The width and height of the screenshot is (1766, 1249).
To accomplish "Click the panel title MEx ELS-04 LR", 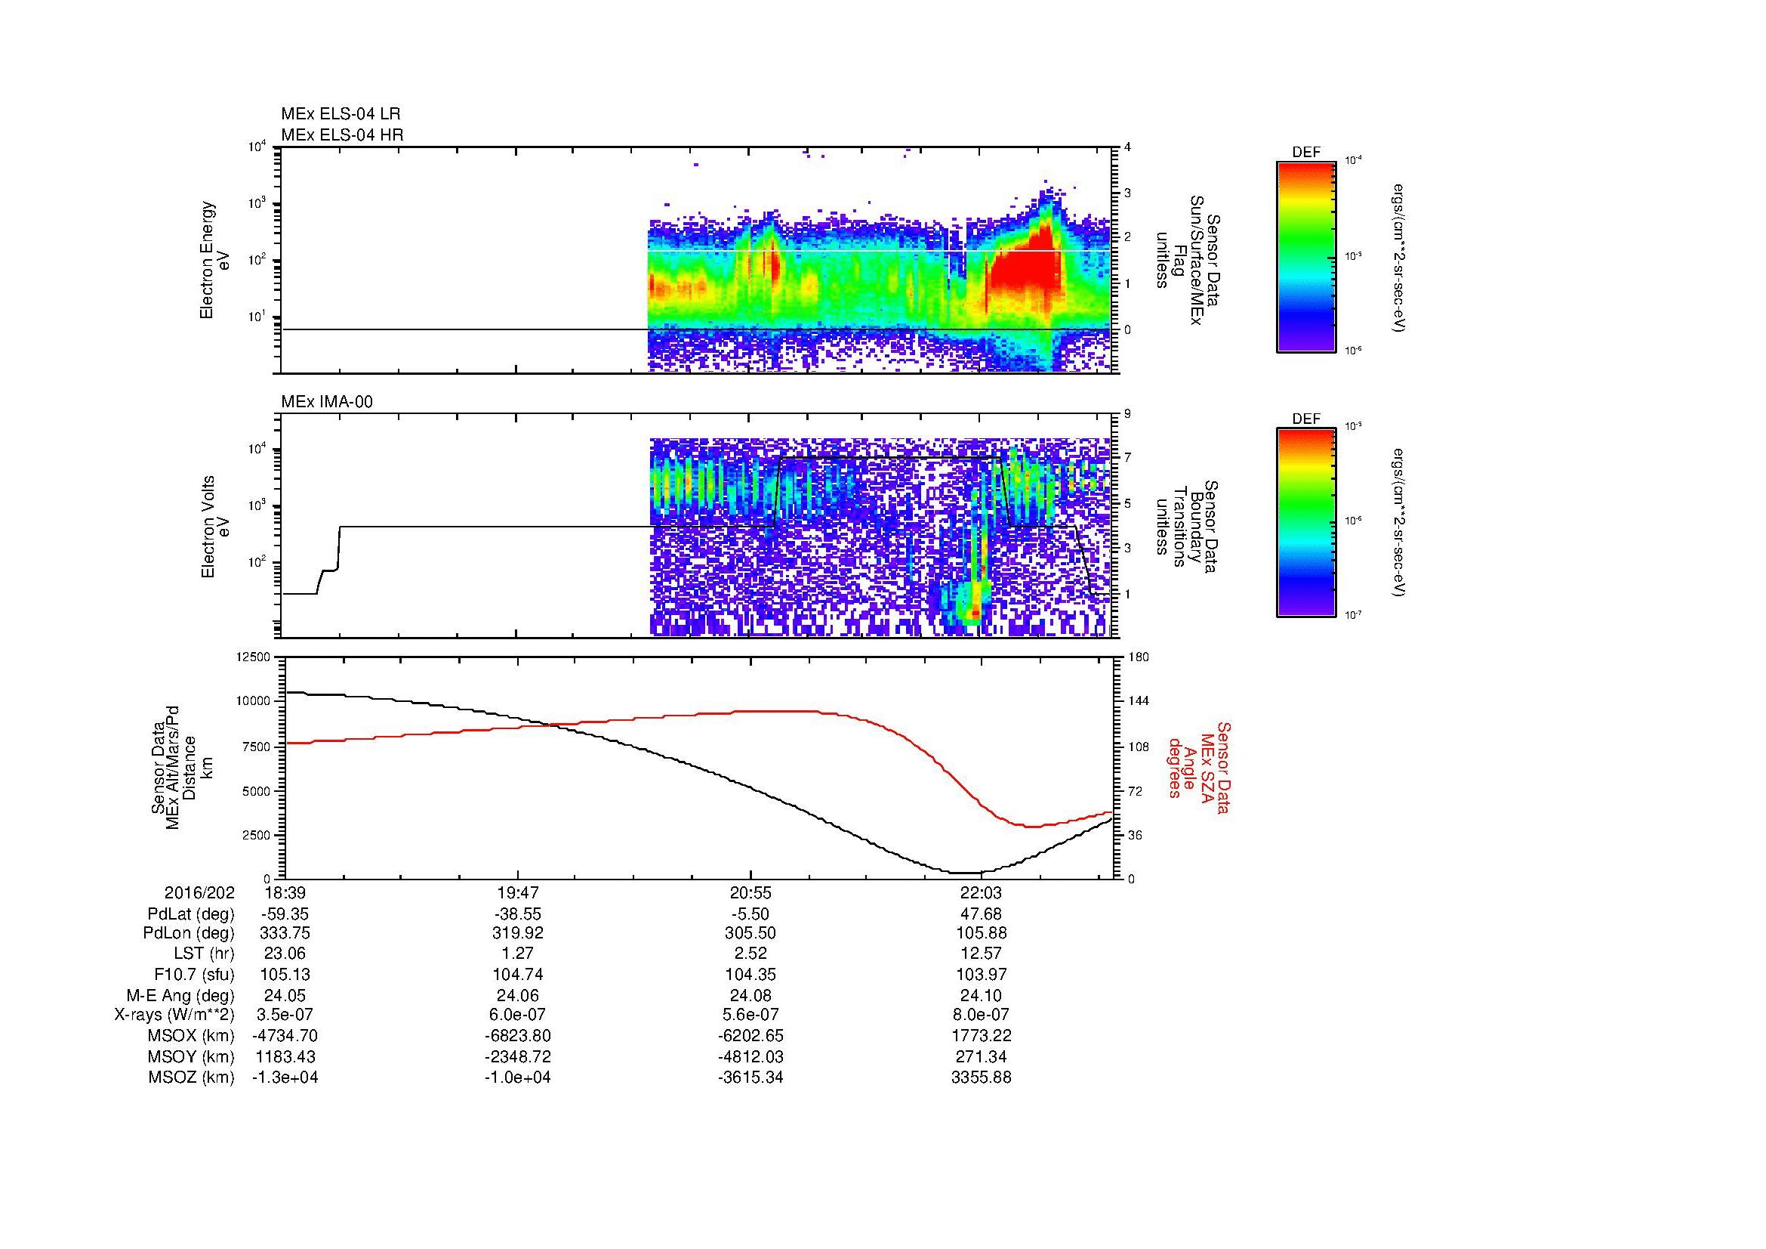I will [x=341, y=114].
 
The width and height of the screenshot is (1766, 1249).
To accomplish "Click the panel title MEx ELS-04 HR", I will [x=342, y=134].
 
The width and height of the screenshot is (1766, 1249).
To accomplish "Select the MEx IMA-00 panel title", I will [x=327, y=401].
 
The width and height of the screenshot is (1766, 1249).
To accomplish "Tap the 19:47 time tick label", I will [x=518, y=892].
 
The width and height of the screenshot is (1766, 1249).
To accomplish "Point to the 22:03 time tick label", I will [x=982, y=892].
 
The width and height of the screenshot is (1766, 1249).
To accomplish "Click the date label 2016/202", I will [x=199, y=892].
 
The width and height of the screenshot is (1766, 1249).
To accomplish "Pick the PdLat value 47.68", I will [x=982, y=914].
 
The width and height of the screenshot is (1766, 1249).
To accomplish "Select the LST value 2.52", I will [x=750, y=954].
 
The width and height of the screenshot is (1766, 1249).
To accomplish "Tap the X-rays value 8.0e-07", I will [x=982, y=1015].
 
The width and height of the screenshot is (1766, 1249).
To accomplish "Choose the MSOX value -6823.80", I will [x=518, y=1036].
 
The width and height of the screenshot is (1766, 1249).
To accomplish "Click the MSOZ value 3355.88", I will [x=982, y=1077].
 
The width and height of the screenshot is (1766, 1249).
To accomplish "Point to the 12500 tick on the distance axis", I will [x=253, y=657].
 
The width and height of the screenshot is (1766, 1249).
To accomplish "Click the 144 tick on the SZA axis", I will [x=1138, y=701].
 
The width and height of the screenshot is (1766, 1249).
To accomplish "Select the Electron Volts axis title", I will [x=207, y=527].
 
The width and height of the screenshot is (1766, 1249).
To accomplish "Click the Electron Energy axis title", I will [x=207, y=260].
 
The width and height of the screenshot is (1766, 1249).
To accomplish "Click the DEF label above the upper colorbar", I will [x=1306, y=153].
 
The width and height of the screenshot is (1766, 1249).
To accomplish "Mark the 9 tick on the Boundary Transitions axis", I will [x=1127, y=414].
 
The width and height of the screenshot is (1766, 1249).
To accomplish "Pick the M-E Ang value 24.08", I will [x=750, y=995].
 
